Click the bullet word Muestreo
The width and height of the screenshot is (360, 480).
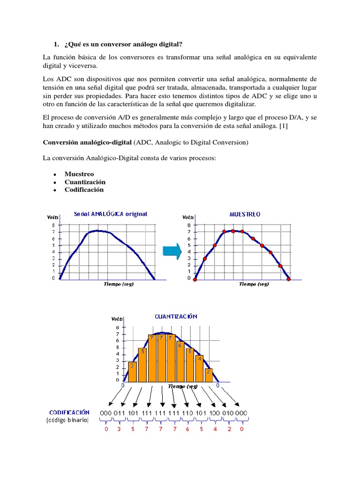coord(79,174)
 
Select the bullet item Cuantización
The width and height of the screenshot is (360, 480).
coord(85,182)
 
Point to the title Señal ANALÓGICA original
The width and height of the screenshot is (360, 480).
coord(111,214)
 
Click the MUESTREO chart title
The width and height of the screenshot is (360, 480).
coord(245,214)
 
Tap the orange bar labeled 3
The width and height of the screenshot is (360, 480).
coord(133,371)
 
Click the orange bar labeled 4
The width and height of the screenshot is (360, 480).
coord(199,368)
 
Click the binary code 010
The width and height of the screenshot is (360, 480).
coord(228,412)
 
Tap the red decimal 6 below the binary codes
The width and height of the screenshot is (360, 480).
coord(187,429)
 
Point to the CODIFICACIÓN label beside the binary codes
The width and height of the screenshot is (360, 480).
coord(69,412)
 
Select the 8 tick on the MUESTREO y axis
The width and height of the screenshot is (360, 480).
coord(189,225)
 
